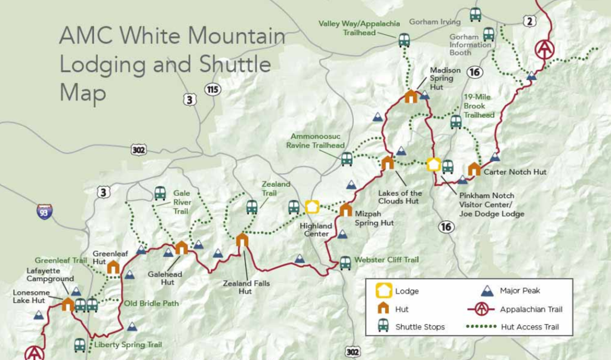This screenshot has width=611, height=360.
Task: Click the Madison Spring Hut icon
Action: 411,96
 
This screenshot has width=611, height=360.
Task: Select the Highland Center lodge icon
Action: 312,207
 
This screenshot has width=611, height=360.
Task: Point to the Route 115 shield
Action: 212,90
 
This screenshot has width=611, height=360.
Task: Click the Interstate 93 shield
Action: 44,211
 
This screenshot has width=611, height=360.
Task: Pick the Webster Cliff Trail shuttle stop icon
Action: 345,263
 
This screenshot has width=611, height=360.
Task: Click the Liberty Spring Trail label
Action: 128,344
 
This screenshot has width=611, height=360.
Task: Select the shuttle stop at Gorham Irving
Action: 475,14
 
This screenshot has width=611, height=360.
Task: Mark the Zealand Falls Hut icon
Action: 242,241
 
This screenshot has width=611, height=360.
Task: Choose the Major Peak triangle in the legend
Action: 487,291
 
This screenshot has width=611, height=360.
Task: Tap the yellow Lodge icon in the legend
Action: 384,291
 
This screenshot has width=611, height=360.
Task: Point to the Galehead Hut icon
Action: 181,248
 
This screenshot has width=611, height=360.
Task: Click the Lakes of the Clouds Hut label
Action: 400,197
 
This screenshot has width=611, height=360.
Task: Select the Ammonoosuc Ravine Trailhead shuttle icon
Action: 347,159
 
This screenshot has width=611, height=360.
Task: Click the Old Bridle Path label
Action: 152,303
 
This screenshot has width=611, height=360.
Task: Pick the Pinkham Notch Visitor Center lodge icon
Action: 434,164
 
